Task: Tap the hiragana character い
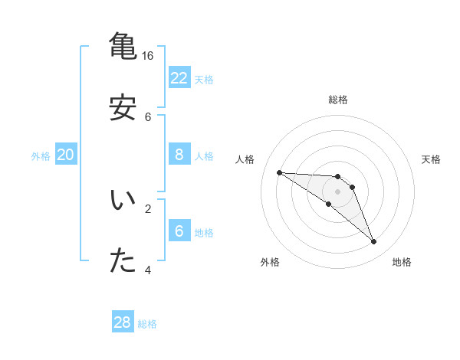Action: [x=123, y=201]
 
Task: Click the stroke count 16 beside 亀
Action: [x=148, y=56]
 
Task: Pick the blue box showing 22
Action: [x=179, y=78]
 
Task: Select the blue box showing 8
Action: [x=179, y=155]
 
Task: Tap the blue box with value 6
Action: [x=179, y=231]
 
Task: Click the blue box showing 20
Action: [x=65, y=155]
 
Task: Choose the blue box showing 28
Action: [x=123, y=322]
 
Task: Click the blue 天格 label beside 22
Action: [x=204, y=80]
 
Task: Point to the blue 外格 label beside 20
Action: [x=41, y=156]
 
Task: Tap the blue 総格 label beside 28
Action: [x=147, y=324]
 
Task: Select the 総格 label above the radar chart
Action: [x=338, y=100]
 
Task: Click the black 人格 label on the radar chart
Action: [x=245, y=159]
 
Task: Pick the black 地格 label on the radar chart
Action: [x=402, y=262]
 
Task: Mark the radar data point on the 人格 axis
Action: [x=279, y=172]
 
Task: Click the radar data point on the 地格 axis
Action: [x=373, y=242]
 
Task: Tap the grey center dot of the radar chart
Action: [x=337, y=191]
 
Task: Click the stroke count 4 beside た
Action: [x=148, y=270]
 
